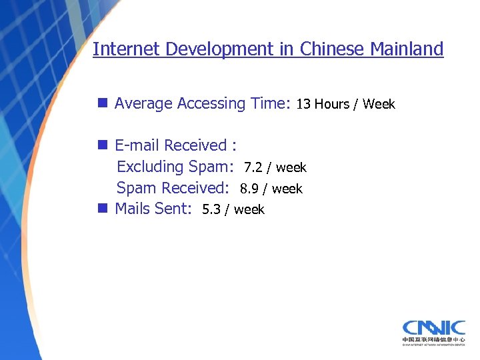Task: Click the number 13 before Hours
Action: click(x=303, y=104)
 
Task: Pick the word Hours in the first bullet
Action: click(x=332, y=104)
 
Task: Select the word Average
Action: click(x=143, y=103)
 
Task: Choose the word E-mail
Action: click(x=137, y=145)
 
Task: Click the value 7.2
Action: click(x=253, y=167)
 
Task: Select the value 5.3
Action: click(x=211, y=209)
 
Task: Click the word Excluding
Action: click(x=150, y=167)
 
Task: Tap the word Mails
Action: click(x=133, y=209)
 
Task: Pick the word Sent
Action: click(x=173, y=209)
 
